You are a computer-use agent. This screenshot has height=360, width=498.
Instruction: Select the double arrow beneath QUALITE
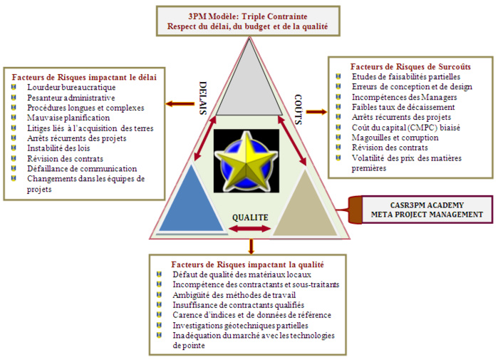(249, 229)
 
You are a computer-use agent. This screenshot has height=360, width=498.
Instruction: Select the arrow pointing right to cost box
(316, 111)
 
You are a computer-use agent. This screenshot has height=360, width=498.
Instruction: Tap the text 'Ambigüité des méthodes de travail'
(234, 295)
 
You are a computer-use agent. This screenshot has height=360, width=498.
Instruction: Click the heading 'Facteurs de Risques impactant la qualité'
(249, 264)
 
